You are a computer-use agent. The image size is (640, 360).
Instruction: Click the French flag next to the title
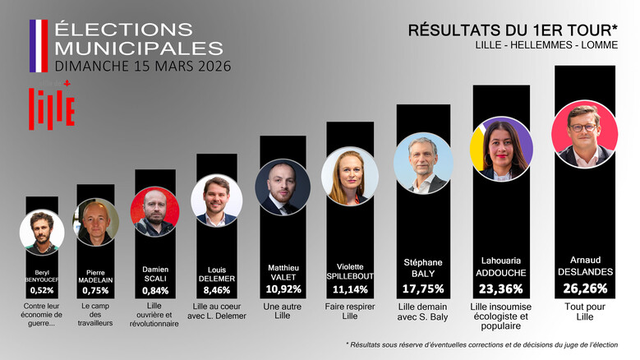(39, 46)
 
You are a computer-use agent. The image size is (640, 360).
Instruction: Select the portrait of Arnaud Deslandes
(585, 134)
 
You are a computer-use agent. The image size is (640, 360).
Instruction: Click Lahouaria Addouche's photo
(501, 150)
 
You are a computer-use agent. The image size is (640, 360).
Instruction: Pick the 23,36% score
(501, 288)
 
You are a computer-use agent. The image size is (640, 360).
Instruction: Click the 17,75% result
(424, 288)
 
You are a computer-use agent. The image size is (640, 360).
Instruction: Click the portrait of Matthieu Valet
(282, 187)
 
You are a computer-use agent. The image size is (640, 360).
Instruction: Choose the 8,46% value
(217, 289)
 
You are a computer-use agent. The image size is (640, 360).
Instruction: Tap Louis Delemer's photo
(216, 201)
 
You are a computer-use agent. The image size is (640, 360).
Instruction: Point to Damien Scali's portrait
(154, 212)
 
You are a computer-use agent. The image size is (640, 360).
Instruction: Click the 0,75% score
(95, 290)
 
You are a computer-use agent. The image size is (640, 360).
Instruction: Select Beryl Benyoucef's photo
(42, 232)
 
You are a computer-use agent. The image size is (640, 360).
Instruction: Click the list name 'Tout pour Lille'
(585, 312)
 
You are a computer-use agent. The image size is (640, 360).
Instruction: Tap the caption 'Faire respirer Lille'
(350, 312)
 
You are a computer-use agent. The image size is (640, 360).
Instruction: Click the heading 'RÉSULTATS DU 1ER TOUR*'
(513, 30)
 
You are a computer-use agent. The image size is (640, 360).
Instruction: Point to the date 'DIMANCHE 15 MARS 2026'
(142, 65)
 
